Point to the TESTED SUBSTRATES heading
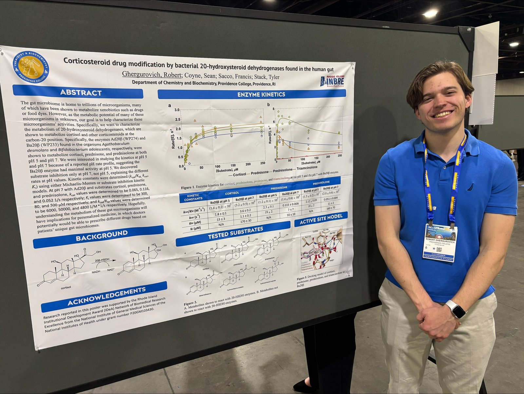[233, 233]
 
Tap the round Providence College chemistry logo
[31, 67]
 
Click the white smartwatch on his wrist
[456, 308]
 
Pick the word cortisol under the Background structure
[65, 287]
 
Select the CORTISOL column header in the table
[232, 193]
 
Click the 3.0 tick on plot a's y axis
[177, 110]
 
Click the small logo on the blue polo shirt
[470, 188]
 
